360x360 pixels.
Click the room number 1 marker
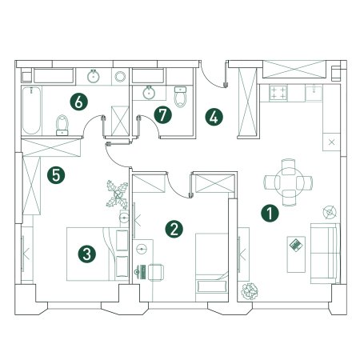pos(270,214)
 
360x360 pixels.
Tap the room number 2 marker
pos(174,229)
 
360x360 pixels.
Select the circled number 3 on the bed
pos(87,254)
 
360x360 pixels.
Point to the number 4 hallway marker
pos(214,118)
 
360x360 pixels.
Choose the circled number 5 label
pos(56,175)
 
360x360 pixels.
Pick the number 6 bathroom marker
pos(78,102)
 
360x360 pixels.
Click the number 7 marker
pos(162,115)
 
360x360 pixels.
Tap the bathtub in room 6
pos(32,110)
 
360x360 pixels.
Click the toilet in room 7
pos(181,97)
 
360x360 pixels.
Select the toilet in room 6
pos(62,125)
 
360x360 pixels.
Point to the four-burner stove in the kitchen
pos(278,93)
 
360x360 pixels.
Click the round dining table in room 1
pos(289,182)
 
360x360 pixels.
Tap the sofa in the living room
pos(325,254)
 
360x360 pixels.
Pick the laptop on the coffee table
pos(296,245)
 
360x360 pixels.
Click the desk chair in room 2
pos(156,272)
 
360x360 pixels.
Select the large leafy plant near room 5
pos(118,194)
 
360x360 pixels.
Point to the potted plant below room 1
pos(250,291)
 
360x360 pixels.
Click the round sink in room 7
pos(149,92)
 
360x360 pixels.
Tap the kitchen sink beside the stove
pos(314,93)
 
